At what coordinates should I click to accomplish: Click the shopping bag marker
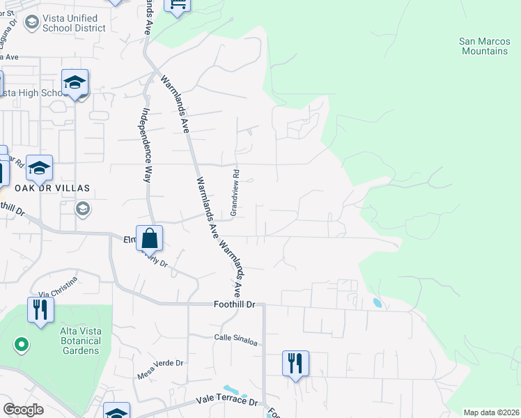tap(149, 238)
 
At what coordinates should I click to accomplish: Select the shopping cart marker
tap(177, 5)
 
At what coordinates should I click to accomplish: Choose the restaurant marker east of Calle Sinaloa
tap(295, 363)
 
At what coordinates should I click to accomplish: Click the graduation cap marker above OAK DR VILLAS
tap(40, 167)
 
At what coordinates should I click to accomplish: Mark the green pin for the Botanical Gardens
tap(21, 343)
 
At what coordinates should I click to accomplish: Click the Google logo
tap(23, 410)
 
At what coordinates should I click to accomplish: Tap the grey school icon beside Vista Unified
tap(31, 23)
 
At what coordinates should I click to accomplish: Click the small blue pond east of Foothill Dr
tap(377, 303)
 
